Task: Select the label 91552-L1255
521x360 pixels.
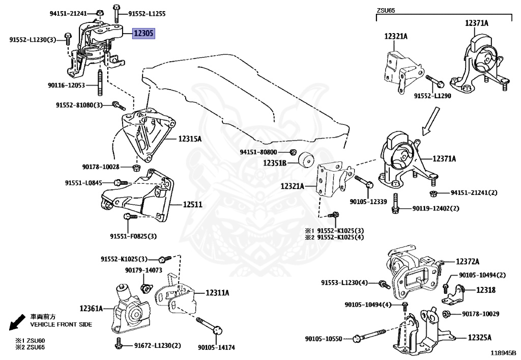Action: tap(147, 14)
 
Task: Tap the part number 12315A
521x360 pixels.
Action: tap(190, 139)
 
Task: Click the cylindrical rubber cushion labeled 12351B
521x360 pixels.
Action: tap(306, 160)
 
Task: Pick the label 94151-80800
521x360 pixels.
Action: tap(258, 152)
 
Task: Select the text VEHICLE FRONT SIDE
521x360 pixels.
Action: tap(61, 324)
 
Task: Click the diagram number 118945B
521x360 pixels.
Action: tap(503, 352)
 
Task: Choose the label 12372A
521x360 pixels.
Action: tap(467, 262)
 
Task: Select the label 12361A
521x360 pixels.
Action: tap(91, 308)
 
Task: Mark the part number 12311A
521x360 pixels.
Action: tap(217, 293)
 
